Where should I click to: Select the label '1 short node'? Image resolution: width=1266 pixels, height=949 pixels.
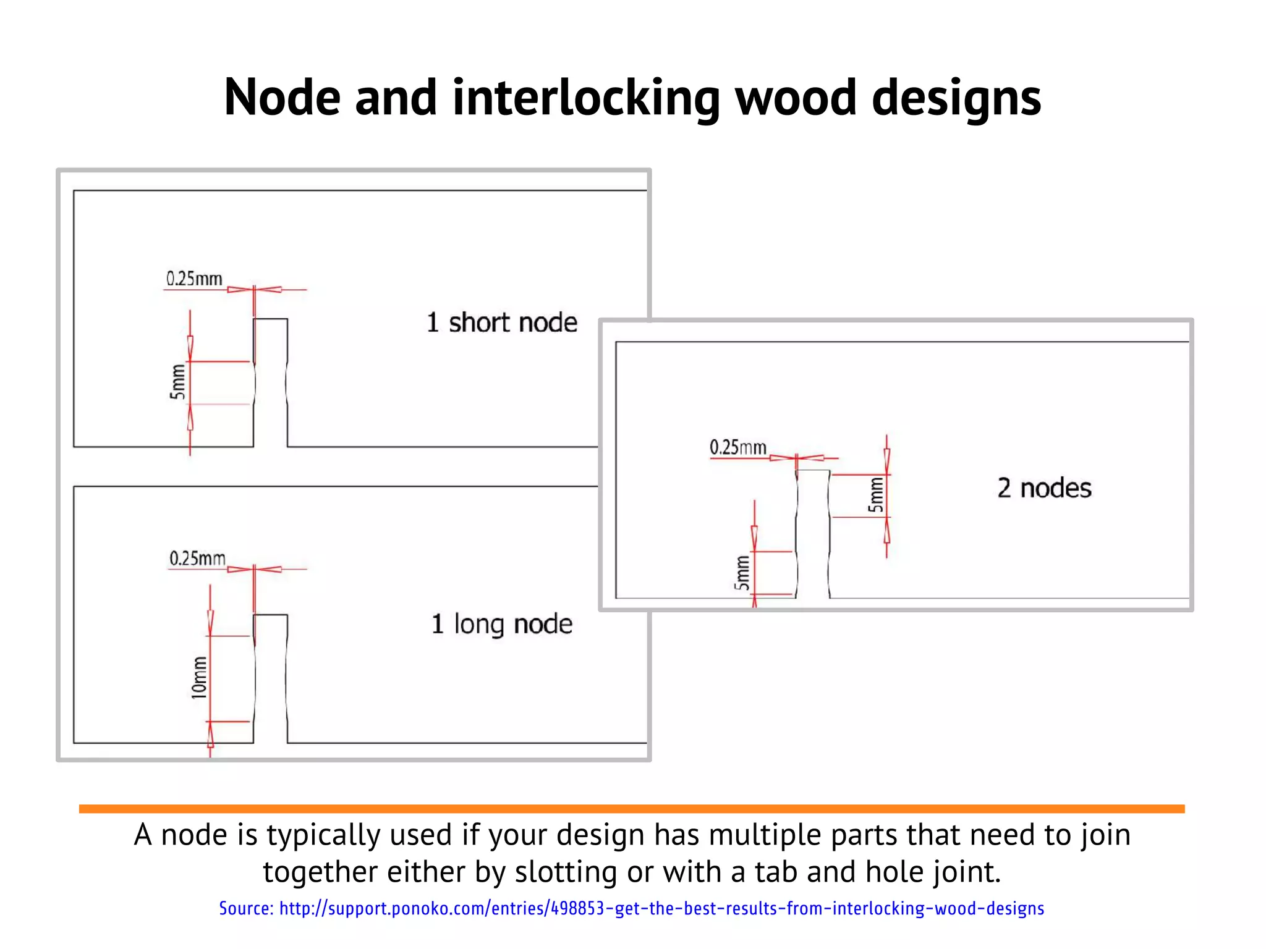[x=501, y=323]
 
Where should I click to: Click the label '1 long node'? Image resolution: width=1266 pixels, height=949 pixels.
[x=501, y=624]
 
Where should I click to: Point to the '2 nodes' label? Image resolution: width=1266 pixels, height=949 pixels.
[x=1044, y=488]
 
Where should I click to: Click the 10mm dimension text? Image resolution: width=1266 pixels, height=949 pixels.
[x=199, y=678]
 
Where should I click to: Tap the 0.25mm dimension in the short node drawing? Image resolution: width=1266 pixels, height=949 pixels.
[x=194, y=279]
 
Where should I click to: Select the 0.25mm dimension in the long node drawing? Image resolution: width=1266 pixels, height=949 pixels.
[x=197, y=559]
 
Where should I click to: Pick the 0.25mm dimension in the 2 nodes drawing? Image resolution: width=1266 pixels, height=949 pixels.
[x=737, y=447]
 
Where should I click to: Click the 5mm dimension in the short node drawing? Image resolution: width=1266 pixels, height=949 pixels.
[x=178, y=382]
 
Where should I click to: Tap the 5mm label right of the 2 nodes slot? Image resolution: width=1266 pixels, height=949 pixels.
[x=876, y=494]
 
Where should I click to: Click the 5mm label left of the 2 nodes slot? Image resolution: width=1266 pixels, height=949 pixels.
[x=742, y=573]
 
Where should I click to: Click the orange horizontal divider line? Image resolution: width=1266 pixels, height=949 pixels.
[x=631, y=809]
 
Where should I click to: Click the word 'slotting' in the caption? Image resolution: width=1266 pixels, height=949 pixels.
[x=566, y=872]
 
